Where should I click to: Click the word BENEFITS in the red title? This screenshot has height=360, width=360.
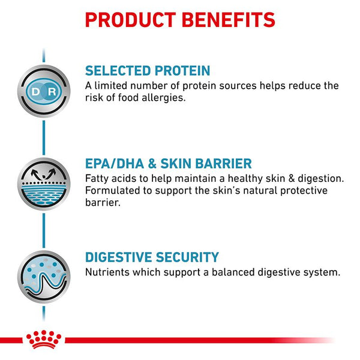click(230, 19)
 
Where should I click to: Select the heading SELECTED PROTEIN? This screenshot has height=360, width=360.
click(147, 71)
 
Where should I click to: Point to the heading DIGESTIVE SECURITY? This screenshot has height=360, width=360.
click(152, 257)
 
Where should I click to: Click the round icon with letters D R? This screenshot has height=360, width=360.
click(43, 91)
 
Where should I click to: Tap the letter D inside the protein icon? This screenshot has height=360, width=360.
click(36, 91)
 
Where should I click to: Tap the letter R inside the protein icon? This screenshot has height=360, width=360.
click(51, 91)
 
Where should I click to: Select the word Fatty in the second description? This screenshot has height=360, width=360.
click(98, 179)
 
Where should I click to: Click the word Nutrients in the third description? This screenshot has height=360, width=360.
click(108, 272)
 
